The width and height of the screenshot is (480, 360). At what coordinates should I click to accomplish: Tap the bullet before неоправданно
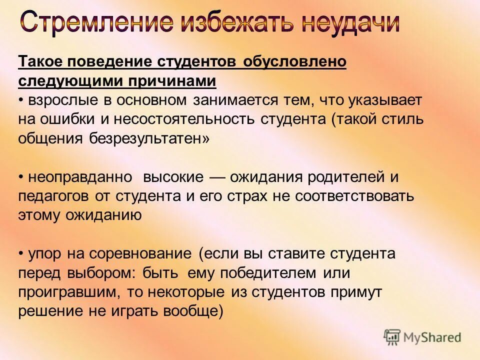(21, 177)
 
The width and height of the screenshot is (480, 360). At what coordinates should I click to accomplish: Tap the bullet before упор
(21, 254)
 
